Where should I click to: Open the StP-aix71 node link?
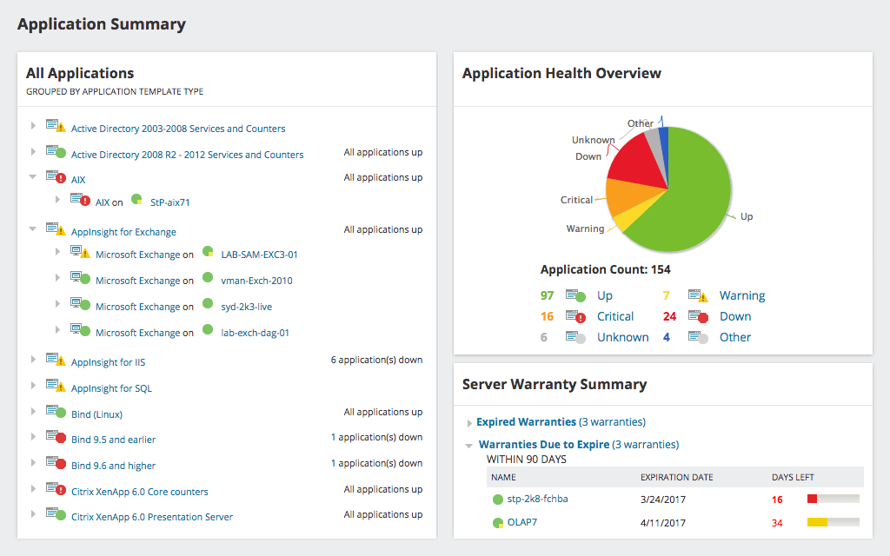[x=169, y=202]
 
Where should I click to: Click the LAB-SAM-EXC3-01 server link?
[x=259, y=255]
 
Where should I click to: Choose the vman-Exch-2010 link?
[x=256, y=281]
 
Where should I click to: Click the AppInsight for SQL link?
[x=111, y=388]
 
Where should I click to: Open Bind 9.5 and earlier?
[x=113, y=440]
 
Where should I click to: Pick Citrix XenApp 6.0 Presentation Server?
[x=152, y=517]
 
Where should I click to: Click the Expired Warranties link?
[x=526, y=422]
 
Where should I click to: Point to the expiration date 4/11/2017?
[x=663, y=523]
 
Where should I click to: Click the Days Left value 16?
[x=777, y=500]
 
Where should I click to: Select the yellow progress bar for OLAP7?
[x=817, y=522]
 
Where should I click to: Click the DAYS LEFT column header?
[x=793, y=477]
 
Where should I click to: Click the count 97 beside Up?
[x=547, y=296]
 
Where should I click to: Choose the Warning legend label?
[x=741, y=296]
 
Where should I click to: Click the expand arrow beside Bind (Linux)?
[x=34, y=411]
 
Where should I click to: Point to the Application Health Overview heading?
[x=561, y=74]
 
